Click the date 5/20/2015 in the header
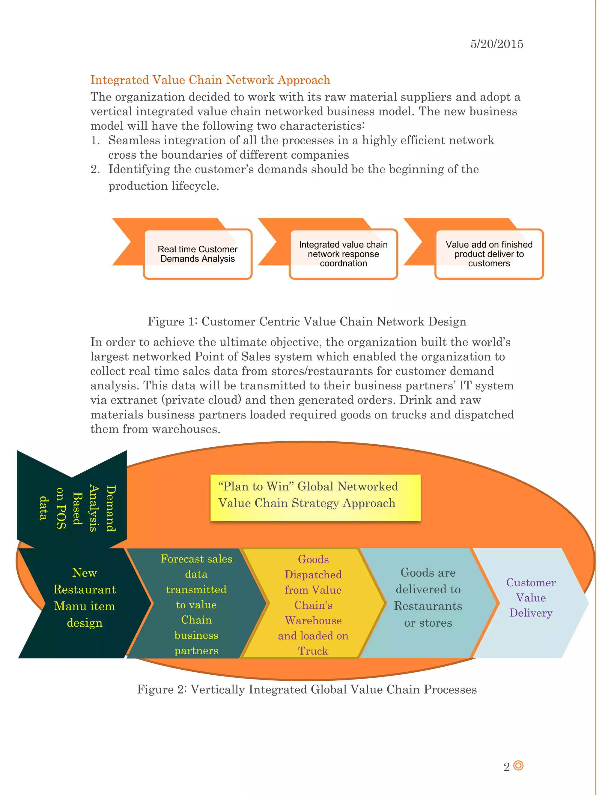click(x=496, y=44)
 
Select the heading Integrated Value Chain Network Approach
click(x=210, y=80)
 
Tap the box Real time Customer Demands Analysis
click(x=198, y=254)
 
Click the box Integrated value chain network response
click(x=343, y=254)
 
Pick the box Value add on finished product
click(x=489, y=254)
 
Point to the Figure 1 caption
click(x=307, y=321)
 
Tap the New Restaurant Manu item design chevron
click(x=84, y=597)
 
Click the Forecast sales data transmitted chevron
click(x=196, y=604)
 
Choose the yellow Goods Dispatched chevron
click(x=313, y=604)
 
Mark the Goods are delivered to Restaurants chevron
click(x=428, y=597)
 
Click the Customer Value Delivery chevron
click(x=531, y=597)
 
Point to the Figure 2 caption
click(x=307, y=689)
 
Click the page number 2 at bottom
click(x=506, y=767)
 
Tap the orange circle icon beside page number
click(x=518, y=766)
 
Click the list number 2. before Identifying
click(x=95, y=169)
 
